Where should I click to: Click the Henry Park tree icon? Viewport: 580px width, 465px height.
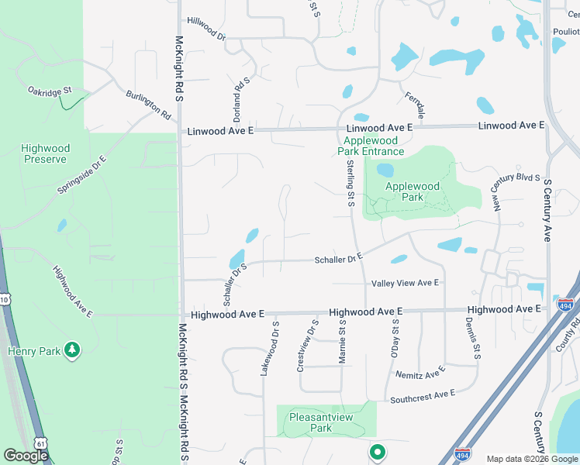pos(72,350)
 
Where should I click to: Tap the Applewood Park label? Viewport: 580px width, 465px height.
pos(413,191)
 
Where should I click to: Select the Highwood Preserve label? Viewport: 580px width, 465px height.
pos(46,153)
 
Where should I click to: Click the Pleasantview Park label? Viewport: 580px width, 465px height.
pos(321,422)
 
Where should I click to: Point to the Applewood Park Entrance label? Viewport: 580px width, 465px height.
pos(371,146)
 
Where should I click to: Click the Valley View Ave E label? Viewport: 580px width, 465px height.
pos(405,284)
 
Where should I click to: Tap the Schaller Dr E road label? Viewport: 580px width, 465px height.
pos(339,260)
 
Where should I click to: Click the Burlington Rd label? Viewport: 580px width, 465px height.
pos(149,105)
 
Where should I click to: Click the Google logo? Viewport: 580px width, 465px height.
pos(26,456)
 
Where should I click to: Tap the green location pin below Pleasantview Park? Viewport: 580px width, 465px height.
pos(377,451)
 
